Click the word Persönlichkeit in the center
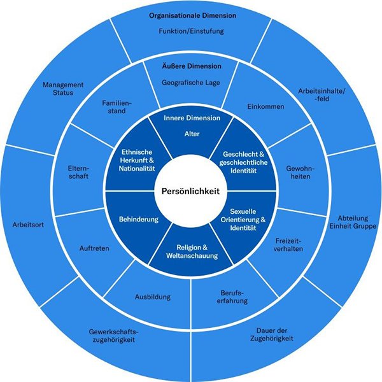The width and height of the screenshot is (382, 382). tap(190, 191)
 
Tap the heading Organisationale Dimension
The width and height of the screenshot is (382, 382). tap(192, 15)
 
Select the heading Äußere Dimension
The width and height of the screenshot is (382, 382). tap(192, 66)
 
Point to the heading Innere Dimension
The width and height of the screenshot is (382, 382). tap(192, 118)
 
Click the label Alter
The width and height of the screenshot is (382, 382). tap(192, 134)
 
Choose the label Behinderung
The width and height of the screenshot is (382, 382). tap(139, 219)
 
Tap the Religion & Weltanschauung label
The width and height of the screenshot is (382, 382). tap(192, 251)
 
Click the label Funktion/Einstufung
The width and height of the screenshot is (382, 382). tap(191, 31)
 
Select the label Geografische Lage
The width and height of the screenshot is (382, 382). tap(191, 83)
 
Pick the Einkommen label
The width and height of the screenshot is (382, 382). tap(265, 106)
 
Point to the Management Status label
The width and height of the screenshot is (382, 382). tap(63, 88)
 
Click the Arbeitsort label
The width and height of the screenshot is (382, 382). tap(28, 225)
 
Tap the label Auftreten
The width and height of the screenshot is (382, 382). tap(94, 248)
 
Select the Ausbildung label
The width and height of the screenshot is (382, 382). tap(153, 297)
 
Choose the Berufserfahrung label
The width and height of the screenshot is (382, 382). tap(232, 297)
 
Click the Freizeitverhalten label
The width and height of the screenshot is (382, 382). tap(288, 245)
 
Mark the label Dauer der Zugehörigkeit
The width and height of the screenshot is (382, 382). tap(272, 334)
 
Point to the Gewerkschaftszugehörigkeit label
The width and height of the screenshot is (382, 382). tap(113, 336)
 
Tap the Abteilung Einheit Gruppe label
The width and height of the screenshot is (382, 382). tap(353, 222)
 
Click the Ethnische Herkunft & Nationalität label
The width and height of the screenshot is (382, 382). tap(137, 160)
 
